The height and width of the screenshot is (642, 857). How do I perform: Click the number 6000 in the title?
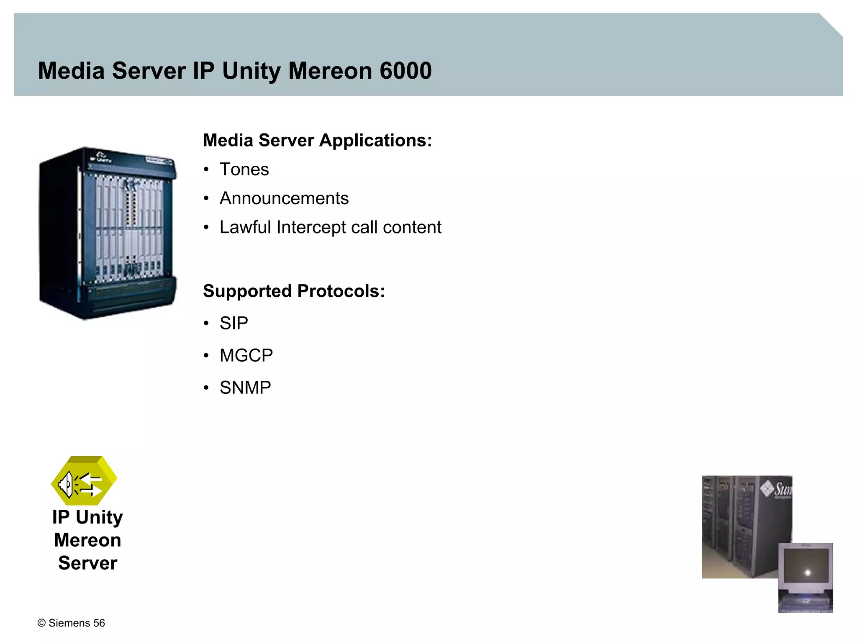405,71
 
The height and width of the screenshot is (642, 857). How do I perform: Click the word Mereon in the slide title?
330,71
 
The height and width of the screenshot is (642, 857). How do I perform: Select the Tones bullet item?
244,169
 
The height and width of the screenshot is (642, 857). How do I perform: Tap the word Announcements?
284,198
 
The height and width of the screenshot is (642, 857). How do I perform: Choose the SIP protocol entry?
233,323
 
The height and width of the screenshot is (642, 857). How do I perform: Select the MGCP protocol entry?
246,355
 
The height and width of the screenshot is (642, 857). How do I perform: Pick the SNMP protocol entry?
245,388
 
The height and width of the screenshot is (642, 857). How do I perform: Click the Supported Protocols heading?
294,291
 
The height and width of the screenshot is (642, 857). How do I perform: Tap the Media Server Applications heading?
317,140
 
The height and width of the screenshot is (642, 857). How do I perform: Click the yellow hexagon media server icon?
84,480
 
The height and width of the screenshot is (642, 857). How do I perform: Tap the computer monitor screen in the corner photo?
806,570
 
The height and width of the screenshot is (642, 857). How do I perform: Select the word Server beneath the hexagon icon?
87,563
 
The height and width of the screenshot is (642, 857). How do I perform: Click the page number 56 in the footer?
99,623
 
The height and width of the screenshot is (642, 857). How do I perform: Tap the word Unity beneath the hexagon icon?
99,517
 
